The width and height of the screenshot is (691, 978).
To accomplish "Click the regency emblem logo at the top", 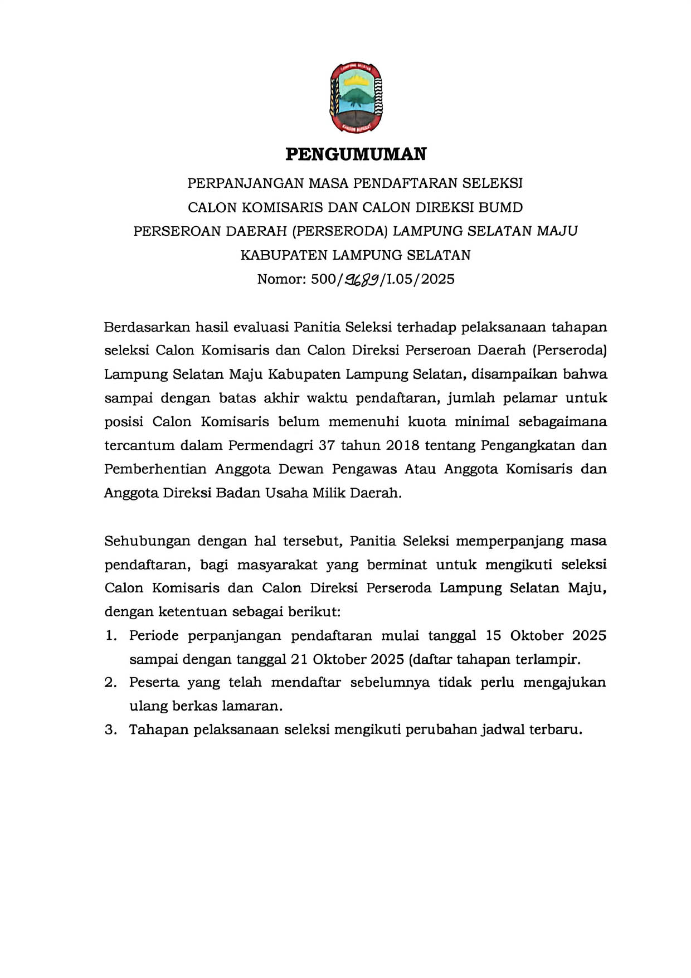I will (356, 97).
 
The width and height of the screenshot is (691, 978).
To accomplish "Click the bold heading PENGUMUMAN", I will (356, 154).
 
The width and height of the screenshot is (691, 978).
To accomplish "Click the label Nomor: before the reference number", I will (281, 279).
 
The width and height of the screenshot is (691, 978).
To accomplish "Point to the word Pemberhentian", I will (155, 469).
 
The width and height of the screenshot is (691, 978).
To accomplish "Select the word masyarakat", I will (277, 565).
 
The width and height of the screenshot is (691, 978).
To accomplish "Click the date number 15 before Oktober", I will (493, 635).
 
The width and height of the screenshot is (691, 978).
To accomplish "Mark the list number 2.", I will (110, 683).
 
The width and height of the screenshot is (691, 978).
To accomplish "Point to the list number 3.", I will (110, 729).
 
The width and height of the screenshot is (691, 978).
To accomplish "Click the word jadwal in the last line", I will (503, 729).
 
